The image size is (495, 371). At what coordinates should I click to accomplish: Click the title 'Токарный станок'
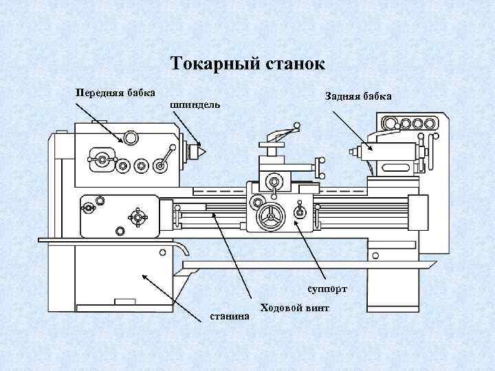[247, 65]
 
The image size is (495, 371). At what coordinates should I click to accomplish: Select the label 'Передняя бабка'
[115, 92]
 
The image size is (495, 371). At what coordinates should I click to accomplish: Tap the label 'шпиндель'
[195, 105]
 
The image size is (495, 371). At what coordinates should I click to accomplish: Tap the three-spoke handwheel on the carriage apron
[269, 218]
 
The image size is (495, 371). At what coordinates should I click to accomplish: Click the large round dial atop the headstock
[131, 138]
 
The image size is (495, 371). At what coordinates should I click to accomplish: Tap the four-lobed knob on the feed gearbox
[138, 217]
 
